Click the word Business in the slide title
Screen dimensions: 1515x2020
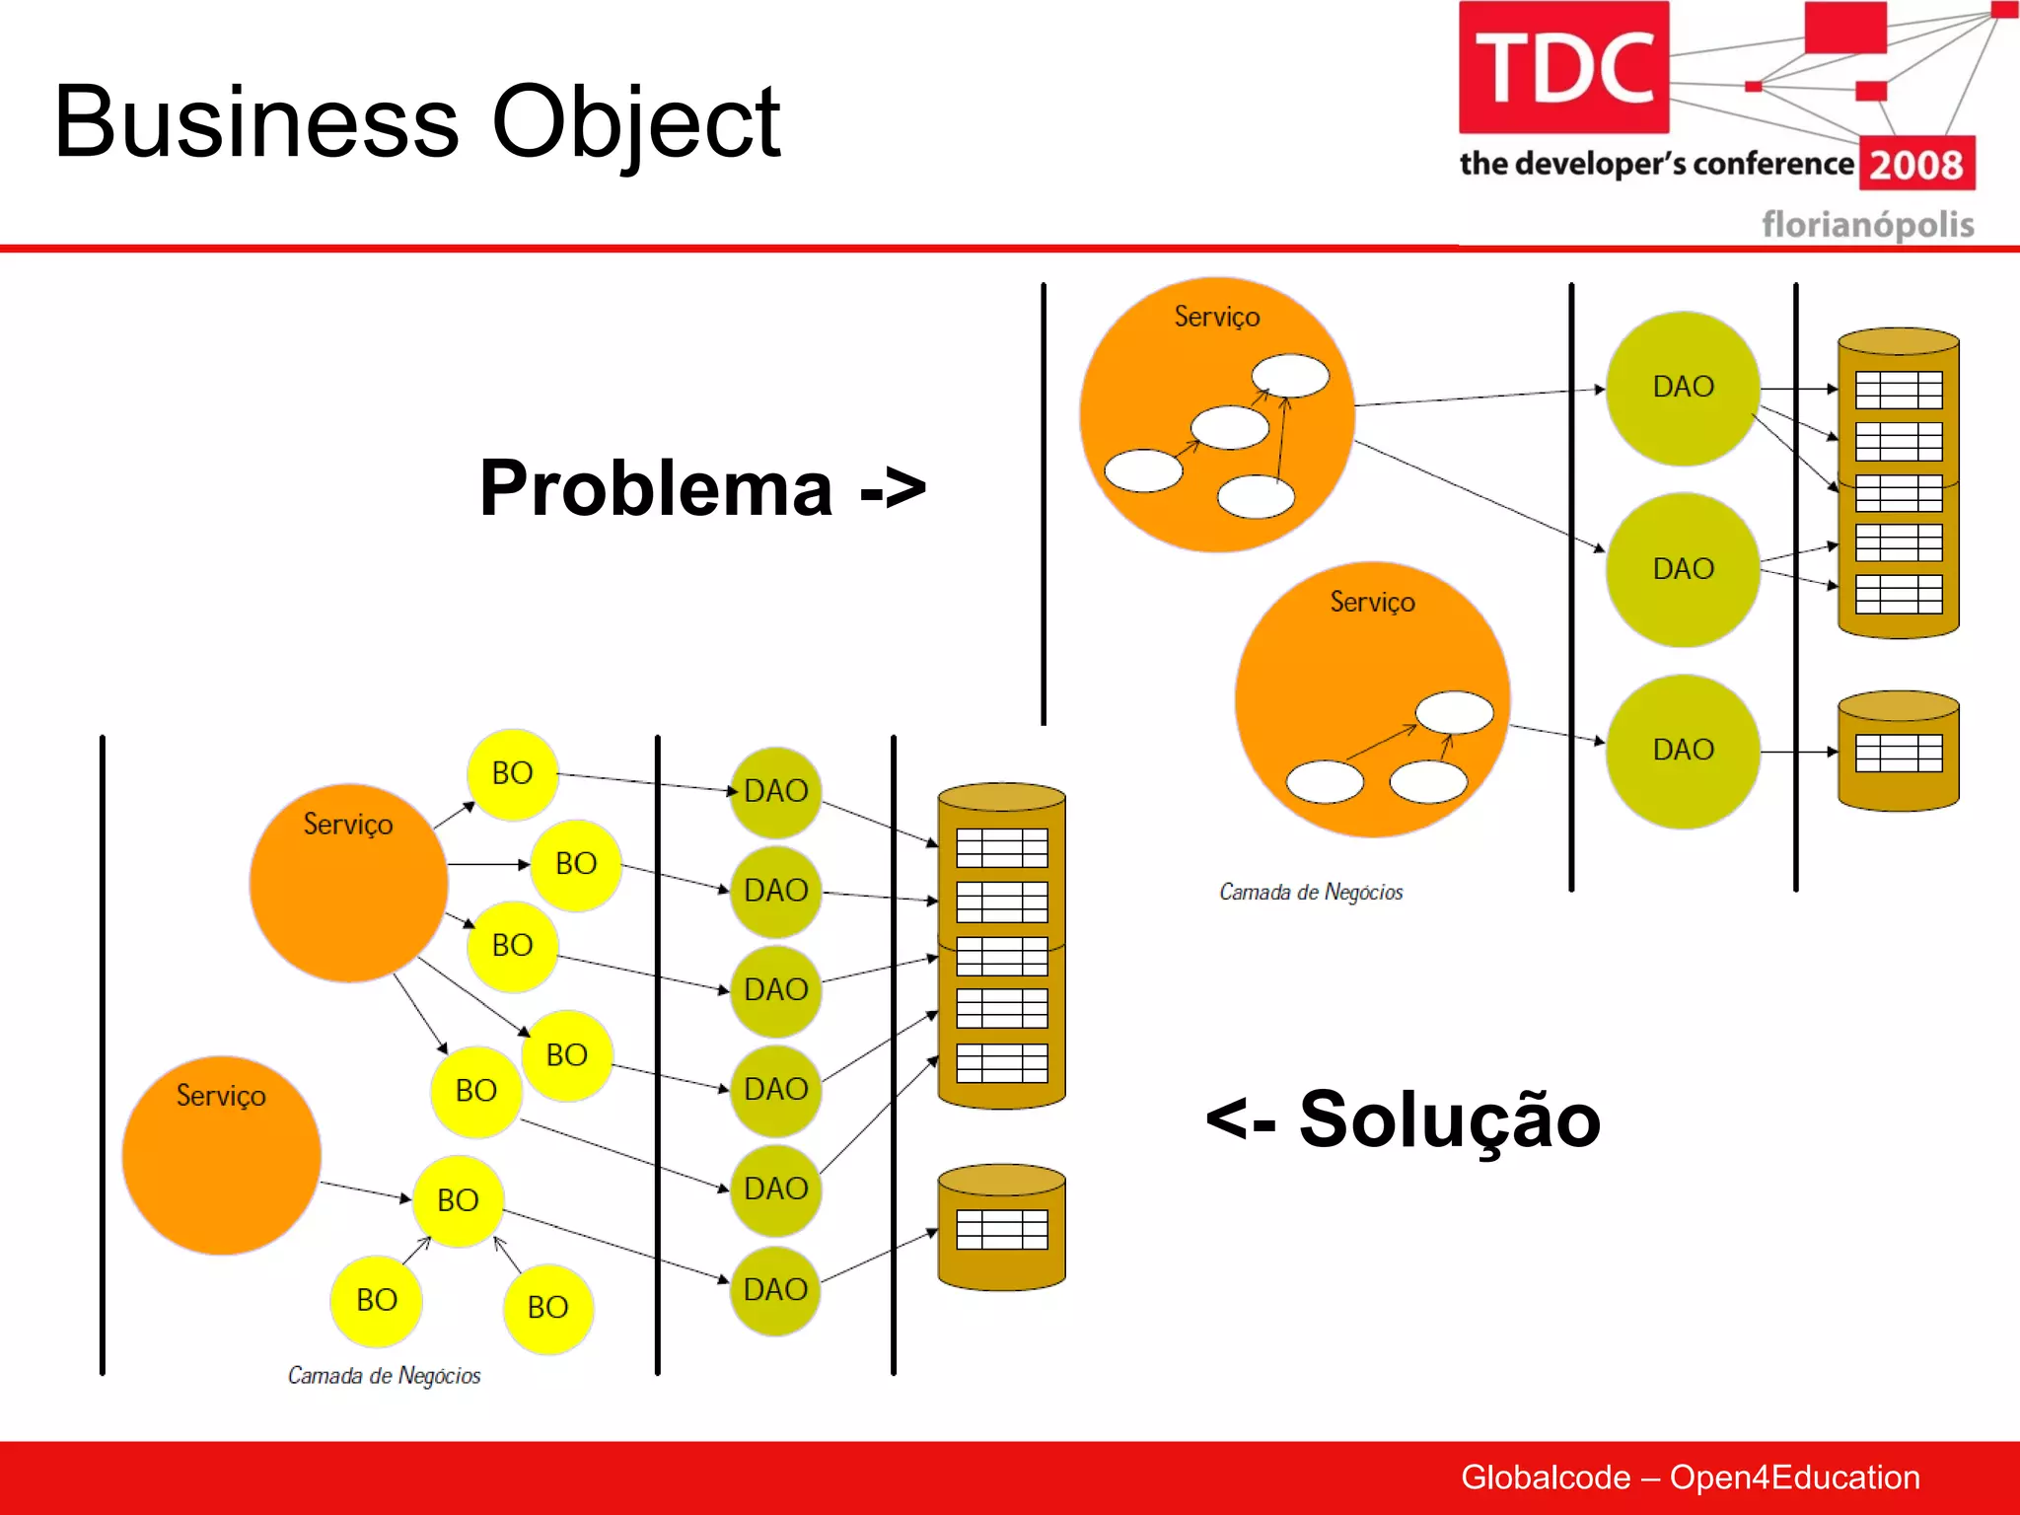click(256, 122)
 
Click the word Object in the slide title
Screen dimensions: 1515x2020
click(635, 124)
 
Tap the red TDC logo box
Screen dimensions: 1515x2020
click(1563, 68)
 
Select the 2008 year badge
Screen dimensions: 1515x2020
click(1916, 164)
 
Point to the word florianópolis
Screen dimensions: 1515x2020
click(1867, 225)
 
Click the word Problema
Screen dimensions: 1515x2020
click(656, 488)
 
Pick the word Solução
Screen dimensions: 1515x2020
click(1449, 1119)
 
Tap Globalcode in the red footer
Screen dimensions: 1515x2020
click(1545, 1478)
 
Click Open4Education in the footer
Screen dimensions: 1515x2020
click(1794, 1478)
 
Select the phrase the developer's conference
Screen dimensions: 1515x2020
click(1656, 163)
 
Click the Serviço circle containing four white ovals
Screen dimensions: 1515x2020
click(1216, 415)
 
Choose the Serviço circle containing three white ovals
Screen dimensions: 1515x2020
click(1372, 699)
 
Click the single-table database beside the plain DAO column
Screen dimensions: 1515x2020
click(1898, 753)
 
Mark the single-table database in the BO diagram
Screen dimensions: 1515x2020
click(1001, 1229)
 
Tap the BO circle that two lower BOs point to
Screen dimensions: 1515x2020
click(459, 1200)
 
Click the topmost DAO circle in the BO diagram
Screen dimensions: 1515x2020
click(775, 791)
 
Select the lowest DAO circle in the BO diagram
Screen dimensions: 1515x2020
click(775, 1290)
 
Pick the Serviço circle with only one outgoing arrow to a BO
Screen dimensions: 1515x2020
click(221, 1155)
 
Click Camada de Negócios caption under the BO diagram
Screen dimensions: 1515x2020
click(384, 1376)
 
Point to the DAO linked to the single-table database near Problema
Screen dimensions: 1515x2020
click(1683, 751)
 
